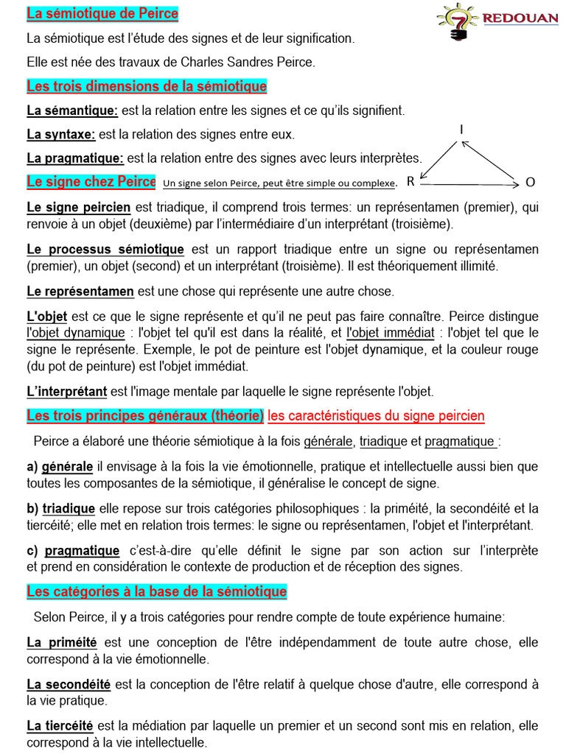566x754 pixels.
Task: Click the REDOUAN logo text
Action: coord(521,17)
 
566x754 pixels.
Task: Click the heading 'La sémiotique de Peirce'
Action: coord(102,14)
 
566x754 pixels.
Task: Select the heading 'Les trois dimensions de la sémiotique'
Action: coord(147,87)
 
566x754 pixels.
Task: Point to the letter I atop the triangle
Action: coord(462,130)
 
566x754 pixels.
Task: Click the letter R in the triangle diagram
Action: coord(410,181)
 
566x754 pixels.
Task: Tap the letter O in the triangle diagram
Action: coord(530,182)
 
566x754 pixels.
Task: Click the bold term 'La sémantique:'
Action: coord(72,110)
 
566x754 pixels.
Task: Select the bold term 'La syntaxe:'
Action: coord(61,134)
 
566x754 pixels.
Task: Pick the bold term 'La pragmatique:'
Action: coord(75,158)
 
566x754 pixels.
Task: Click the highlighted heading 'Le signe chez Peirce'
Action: coord(91,181)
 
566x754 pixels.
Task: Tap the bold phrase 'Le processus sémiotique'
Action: coord(105,250)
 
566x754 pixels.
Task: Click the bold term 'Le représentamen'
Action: coord(80,292)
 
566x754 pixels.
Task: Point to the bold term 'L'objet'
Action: coord(47,317)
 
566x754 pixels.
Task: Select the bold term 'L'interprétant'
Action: coord(67,392)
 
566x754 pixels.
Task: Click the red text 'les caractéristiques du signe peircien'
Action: coord(376,416)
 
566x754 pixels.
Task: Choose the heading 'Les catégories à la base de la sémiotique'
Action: coord(157,592)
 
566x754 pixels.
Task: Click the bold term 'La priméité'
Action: coord(62,642)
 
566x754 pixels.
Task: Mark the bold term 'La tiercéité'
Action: coord(60,726)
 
